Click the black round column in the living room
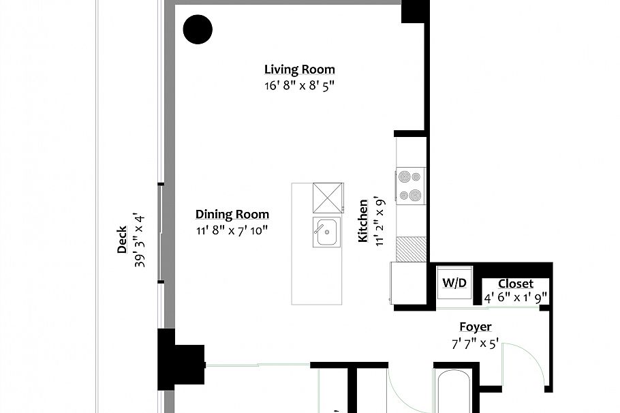coord(198,29)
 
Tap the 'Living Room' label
coord(299,70)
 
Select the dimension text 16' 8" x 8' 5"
coord(299,87)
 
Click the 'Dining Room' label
coord(232,214)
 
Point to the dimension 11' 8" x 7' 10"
coord(232,230)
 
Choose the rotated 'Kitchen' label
coord(364,221)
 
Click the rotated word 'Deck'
coord(122,240)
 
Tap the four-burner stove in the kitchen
coord(411,185)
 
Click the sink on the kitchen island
coord(326,233)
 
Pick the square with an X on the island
coord(326,198)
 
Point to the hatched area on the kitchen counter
coord(411,247)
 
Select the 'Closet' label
coord(515,284)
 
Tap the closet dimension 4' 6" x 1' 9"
coord(515,298)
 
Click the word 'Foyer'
coord(475,327)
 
